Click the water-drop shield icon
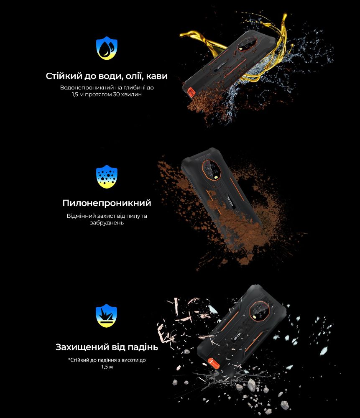click(x=107, y=48)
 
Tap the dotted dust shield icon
click(x=107, y=177)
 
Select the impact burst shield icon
click(x=106, y=316)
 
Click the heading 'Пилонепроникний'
click(x=107, y=203)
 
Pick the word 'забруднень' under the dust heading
click(x=107, y=223)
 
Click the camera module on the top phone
click(x=247, y=44)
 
